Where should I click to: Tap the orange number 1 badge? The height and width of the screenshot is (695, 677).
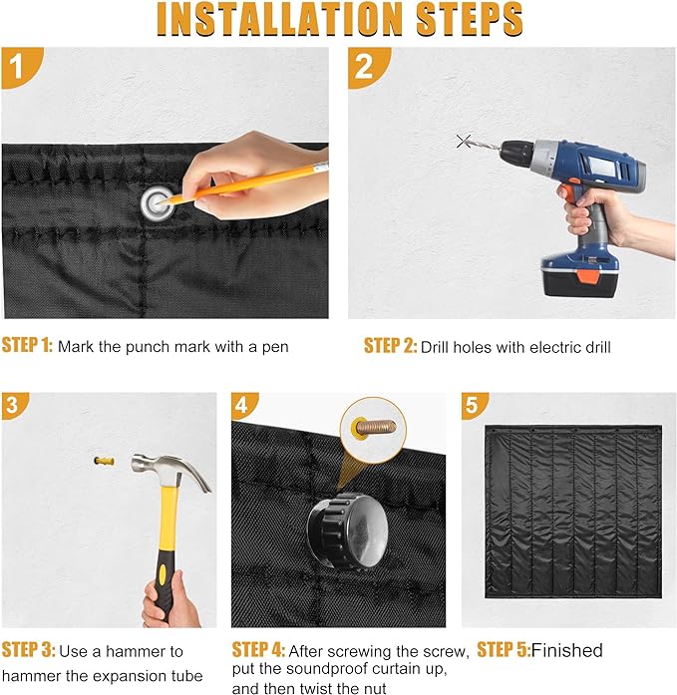point(20,66)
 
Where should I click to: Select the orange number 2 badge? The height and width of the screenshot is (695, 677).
point(367,66)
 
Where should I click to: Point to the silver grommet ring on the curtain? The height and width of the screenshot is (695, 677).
point(157,203)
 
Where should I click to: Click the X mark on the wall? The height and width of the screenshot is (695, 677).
point(464,142)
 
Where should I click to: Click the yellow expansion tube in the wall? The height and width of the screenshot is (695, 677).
point(104,461)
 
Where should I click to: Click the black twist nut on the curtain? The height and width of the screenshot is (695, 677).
point(347,531)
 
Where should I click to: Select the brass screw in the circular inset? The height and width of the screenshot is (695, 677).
point(375,428)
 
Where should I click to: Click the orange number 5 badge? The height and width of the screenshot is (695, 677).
point(474,405)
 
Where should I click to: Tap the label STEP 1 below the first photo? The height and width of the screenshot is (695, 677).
point(27,345)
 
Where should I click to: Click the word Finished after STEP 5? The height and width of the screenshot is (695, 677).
point(566,650)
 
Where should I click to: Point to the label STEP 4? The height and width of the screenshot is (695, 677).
point(259,650)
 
